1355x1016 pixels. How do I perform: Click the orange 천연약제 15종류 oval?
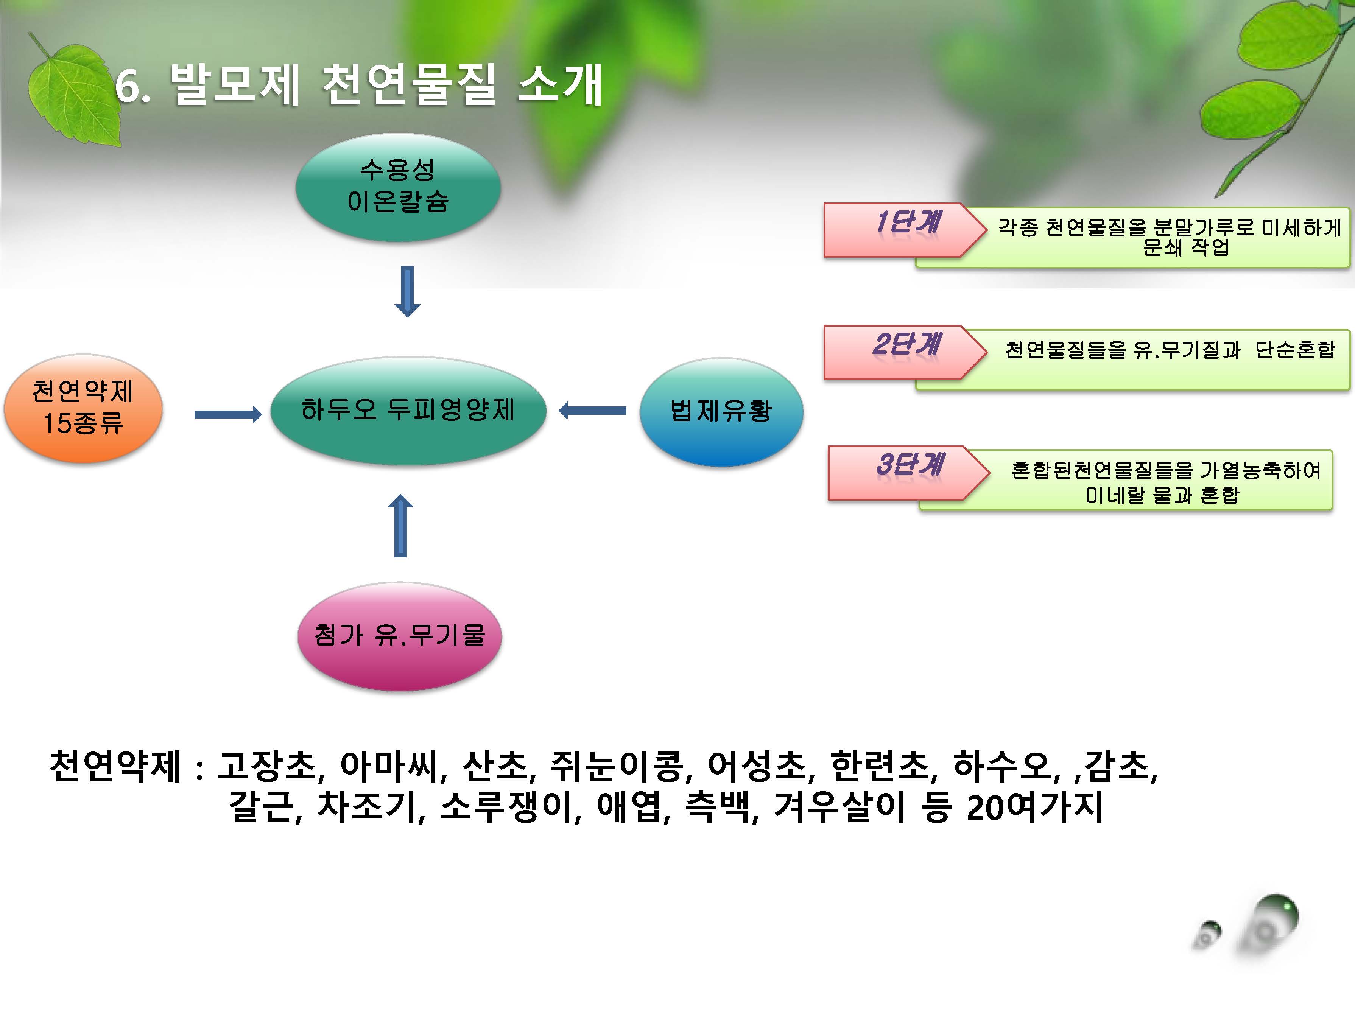tap(83, 409)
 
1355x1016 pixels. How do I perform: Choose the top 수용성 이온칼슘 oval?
tap(398, 187)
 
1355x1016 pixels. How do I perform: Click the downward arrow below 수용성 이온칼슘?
tap(407, 291)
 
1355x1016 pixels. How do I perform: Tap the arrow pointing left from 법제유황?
tap(592, 410)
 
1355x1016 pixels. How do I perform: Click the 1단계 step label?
tap(908, 222)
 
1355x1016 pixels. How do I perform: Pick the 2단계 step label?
tap(906, 344)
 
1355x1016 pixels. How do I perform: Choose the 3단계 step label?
tap(910, 464)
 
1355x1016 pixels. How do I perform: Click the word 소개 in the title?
tap(560, 84)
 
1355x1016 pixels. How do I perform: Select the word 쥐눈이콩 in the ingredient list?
tap(616, 766)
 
